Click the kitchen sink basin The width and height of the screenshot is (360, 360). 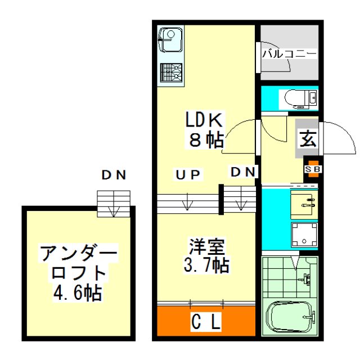pyautogui.click(x=171, y=40)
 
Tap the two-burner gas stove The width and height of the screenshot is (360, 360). pyautogui.click(x=171, y=73)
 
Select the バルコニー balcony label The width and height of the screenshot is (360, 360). pyautogui.click(x=289, y=54)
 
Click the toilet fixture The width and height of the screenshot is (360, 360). pyautogui.click(x=300, y=99)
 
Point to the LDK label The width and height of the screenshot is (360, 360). pyautogui.click(x=204, y=120)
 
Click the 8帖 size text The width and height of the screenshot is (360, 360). pyautogui.click(x=206, y=140)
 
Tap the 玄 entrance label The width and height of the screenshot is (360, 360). pyautogui.click(x=308, y=139)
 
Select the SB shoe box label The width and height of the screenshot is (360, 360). pyautogui.click(x=313, y=169)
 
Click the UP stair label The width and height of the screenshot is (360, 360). pyautogui.click(x=188, y=175)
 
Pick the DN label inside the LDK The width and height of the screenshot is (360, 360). pyautogui.click(x=243, y=172)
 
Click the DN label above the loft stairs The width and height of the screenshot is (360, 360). pyautogui.click(x=114, y=175)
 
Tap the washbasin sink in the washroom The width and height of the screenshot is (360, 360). pyautogui.click(x=304, y=205)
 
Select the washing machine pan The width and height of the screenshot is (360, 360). pyautogui.click(x=304, y=235)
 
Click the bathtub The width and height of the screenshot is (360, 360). pyautogui.click(x=290, y=316)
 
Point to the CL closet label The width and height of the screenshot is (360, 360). pyautogui.click(x=206, y=322)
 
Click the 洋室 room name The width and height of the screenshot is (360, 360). pyautogui.click(x=206, y=247)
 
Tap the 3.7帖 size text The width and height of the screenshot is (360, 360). pyautogui.click(x=206, y=265)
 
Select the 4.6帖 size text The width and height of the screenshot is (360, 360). pyautogui.click(x=78, y=293)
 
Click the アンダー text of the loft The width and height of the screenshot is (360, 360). pyautogui.click(x=79, y=254)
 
